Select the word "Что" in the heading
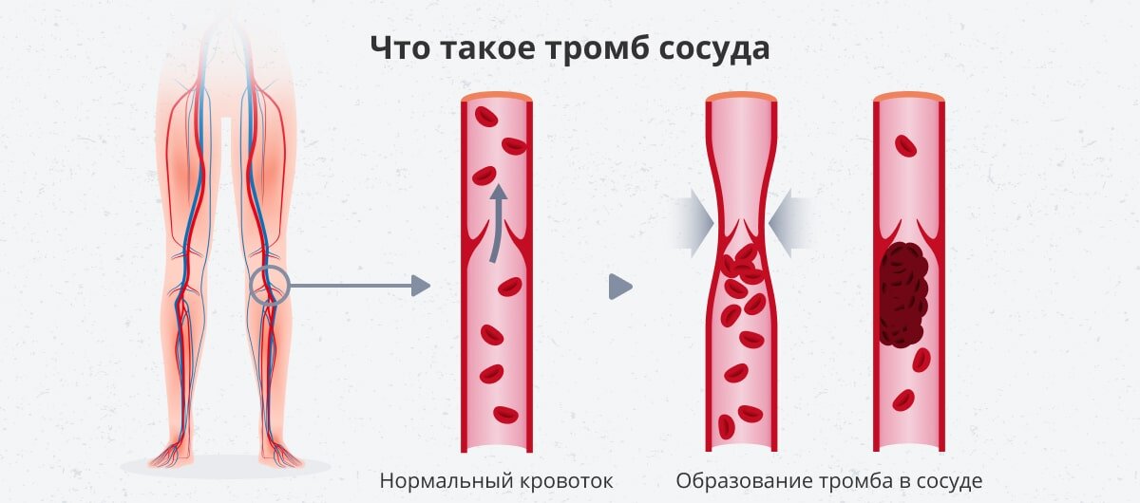(397, 47)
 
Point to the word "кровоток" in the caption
(567, 480)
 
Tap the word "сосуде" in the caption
(944, 480)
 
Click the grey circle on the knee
(269, 285)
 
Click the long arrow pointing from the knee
(361, 285)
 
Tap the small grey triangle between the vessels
(619, 286)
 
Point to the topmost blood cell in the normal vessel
(486, 117)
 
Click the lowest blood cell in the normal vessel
(505, 414)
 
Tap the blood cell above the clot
(906, 146)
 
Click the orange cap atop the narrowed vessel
(741, 96)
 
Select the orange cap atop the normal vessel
(497, 96)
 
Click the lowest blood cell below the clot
(903, 400)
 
